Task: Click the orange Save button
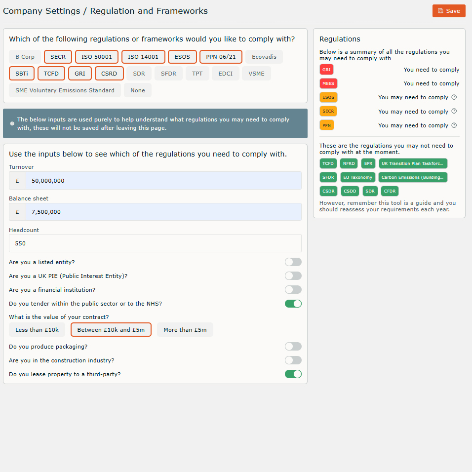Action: pos(449,11)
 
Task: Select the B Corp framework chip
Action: pos(25,57)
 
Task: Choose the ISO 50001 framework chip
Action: pos(97,57)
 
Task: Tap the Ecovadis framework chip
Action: pos(264,57)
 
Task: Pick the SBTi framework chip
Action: pos(22,74)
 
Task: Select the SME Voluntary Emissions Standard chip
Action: pos(65,90)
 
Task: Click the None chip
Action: pos(138,90)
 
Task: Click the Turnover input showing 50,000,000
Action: pos(163,181)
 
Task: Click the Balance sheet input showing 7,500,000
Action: pos(163,212)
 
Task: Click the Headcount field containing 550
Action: pos(155,243)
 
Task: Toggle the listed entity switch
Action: pos(293,262)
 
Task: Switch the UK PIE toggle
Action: pos(293,276)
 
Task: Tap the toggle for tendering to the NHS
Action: pos(293,304)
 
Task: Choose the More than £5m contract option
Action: pos(185,330)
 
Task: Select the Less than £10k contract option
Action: pos(37,330)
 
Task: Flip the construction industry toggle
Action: pos(293,360)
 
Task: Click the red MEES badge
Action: pos(328,83)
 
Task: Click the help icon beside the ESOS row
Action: pos(454,97)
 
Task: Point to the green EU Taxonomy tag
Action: pos(358,177)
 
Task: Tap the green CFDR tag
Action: pos(390,191)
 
